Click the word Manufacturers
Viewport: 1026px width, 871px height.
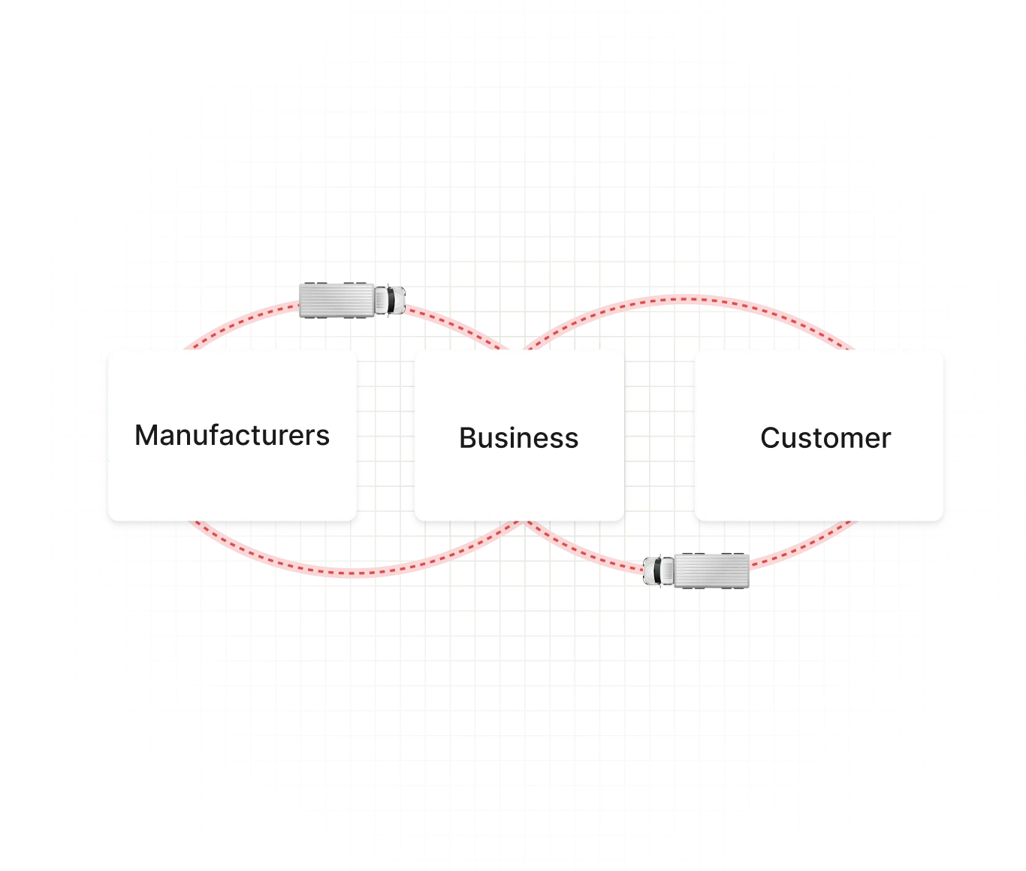click(x=231, y=435)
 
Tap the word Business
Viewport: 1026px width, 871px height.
click(x=518, y=437)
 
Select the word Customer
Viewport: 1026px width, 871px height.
click(x=825, y=437)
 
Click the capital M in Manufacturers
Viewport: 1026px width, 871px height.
click(x=145, y=435)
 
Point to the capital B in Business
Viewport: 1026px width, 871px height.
click(x=467, y=437)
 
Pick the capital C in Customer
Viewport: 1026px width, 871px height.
click(x=770, y=437)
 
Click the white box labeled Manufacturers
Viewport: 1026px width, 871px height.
click(x=231, y=481)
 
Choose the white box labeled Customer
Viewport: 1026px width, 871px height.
click(x=819, y=481)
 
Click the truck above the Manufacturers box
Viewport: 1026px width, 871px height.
click(x=352, y=299)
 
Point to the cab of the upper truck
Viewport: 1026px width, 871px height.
click(x=391, y=299)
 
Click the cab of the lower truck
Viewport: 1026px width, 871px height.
click(x=659, y=571)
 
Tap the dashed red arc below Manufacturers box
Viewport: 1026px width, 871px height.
click(x=338, y=572)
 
